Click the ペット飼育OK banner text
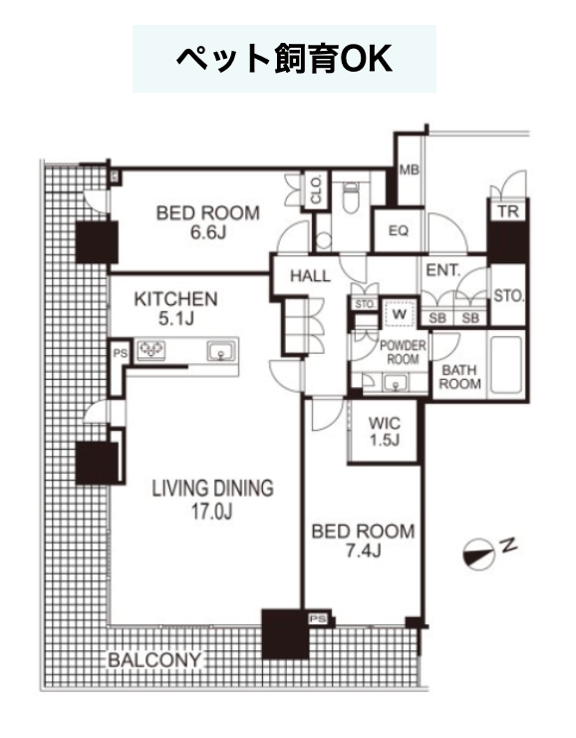tap(284, 59)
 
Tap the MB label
tap(409, 170)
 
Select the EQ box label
tap(399, 230)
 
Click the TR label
tap(508, 211)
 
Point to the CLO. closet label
tap(316, 189)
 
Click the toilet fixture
tap(351, 197)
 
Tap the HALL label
tap(310, 276)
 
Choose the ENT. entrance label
tap(442, 270)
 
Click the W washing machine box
tap(399, 313)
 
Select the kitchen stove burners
tap(150, 350)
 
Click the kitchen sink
tap(221, 351)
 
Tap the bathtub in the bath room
tap(506, 366)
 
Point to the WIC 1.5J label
tap(384, 431)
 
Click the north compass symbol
tap(479, 553)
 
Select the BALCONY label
tap(154, 660)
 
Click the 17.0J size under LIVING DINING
tap(211, 512)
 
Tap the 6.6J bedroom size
tap(207, 232)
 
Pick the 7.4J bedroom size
tap(364, 551)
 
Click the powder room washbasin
tap(396, 383)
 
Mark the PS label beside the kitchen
tap(120, 352)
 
